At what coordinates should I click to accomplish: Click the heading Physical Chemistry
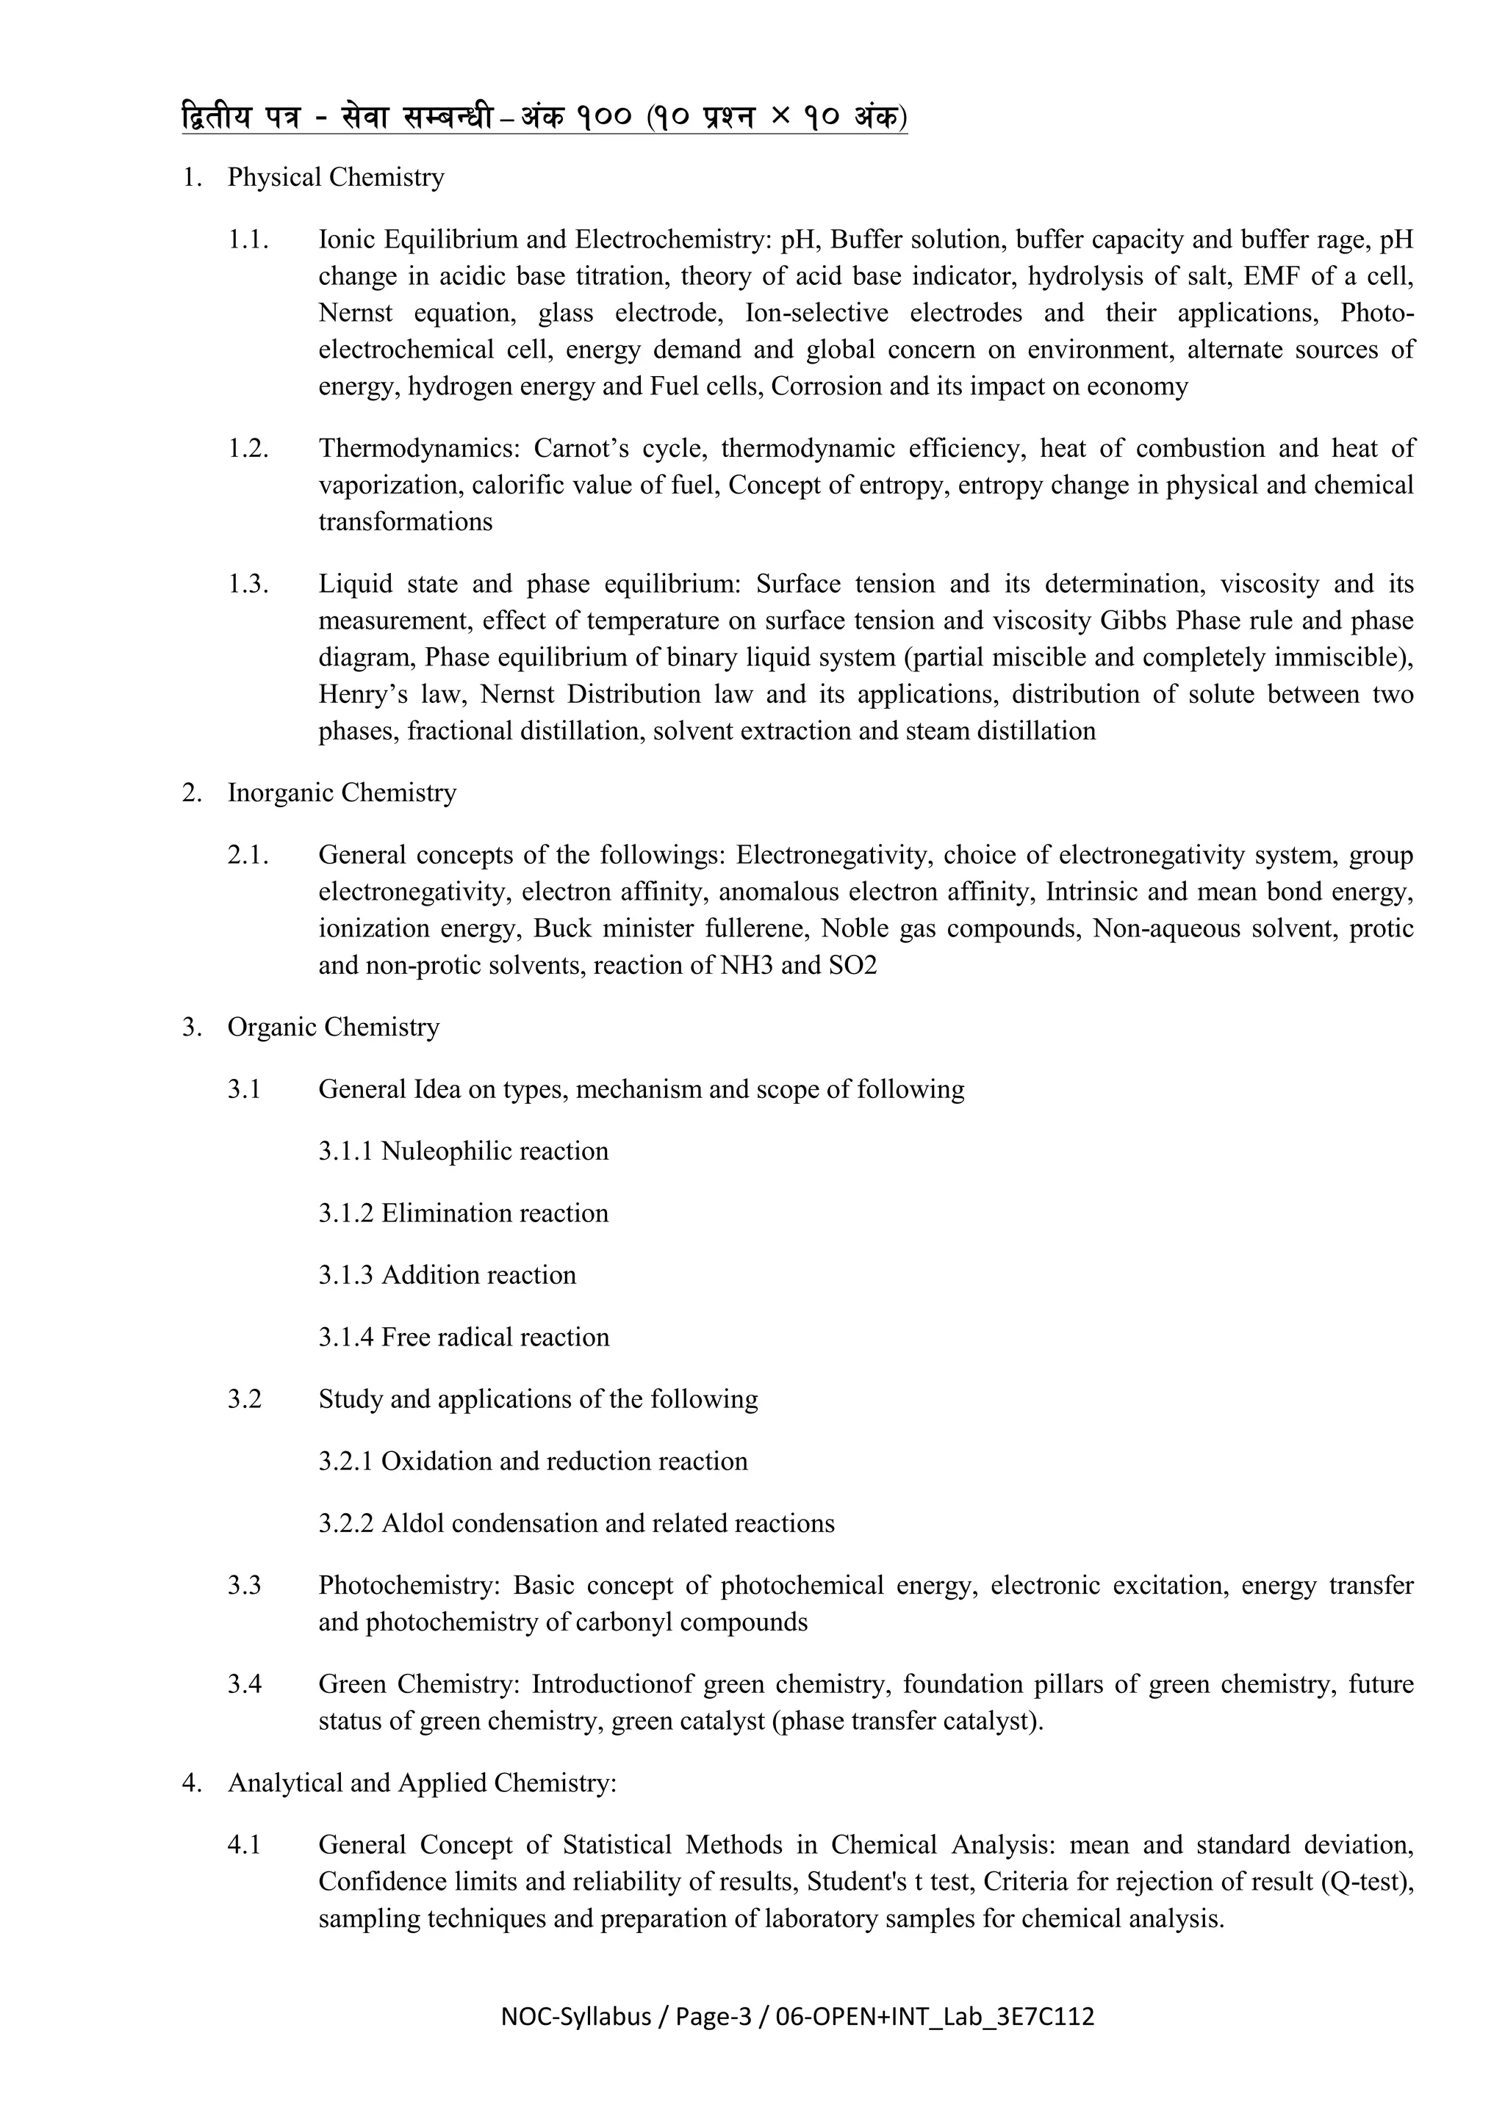coord(336,177)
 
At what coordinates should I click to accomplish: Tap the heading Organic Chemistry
coord(334,1028)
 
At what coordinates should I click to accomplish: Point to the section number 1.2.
coord(248,448)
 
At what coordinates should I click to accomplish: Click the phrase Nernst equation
coord(416,313)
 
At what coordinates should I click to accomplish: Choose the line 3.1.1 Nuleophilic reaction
coord(464,1152)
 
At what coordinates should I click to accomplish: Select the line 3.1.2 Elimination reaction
coord(464,1213)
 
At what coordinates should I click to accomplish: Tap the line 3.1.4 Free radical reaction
coord(464,1337)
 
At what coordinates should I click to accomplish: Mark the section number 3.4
coord(245,1684)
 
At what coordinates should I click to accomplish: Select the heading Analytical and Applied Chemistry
coord(422,1783)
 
